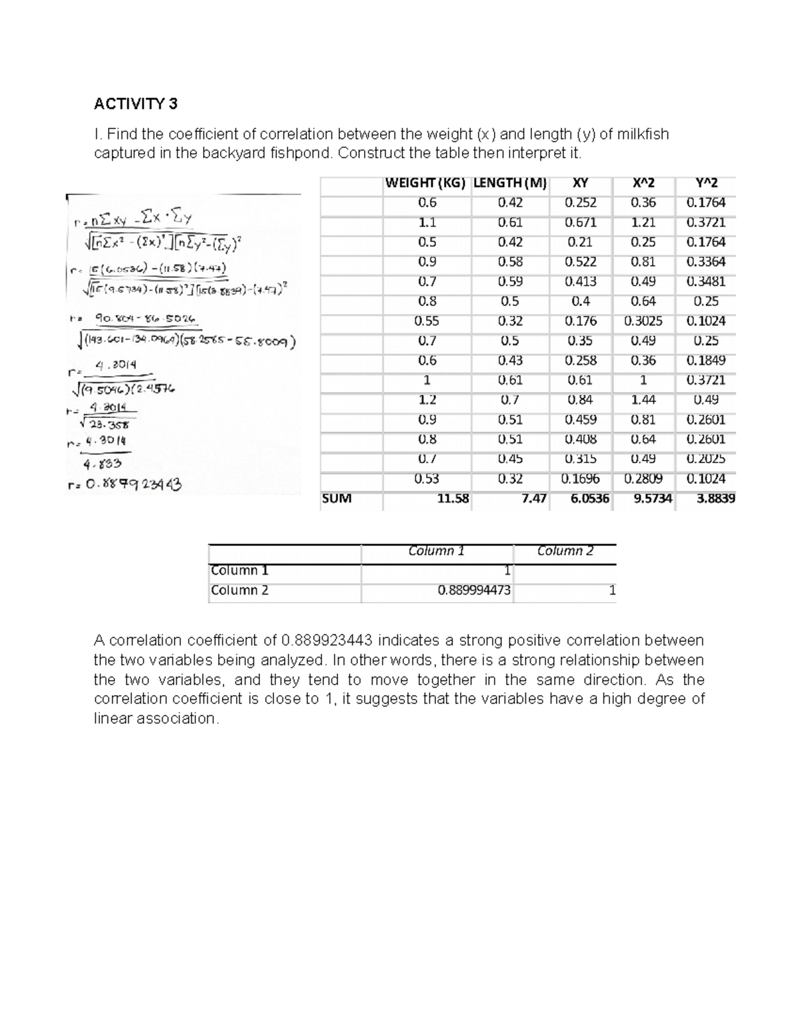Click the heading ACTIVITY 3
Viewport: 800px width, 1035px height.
point(136,104)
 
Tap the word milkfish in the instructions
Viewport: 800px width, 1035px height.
point(643,135)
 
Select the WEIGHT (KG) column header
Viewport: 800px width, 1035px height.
point(425,183)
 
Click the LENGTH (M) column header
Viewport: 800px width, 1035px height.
point(510,183)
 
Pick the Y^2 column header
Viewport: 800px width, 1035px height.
point(706,183)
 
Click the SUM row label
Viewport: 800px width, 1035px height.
point(336,498)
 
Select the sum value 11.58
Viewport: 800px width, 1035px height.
point(453,498)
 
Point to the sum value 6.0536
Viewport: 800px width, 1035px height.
point(589,498)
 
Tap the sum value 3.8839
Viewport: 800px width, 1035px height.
point(715,498)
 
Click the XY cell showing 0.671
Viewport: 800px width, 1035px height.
point(580,223)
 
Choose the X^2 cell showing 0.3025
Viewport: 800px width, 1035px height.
point(643,321)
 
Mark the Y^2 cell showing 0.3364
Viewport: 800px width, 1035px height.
point(705,262)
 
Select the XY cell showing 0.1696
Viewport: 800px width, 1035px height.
point(580,479)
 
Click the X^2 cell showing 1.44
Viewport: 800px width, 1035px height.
point(643,400)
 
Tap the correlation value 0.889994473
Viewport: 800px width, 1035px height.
point(474,590)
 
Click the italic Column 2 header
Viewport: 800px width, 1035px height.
point(565,551)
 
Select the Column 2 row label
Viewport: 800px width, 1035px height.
point(239,590)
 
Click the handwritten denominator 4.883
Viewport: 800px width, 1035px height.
point(101,464)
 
